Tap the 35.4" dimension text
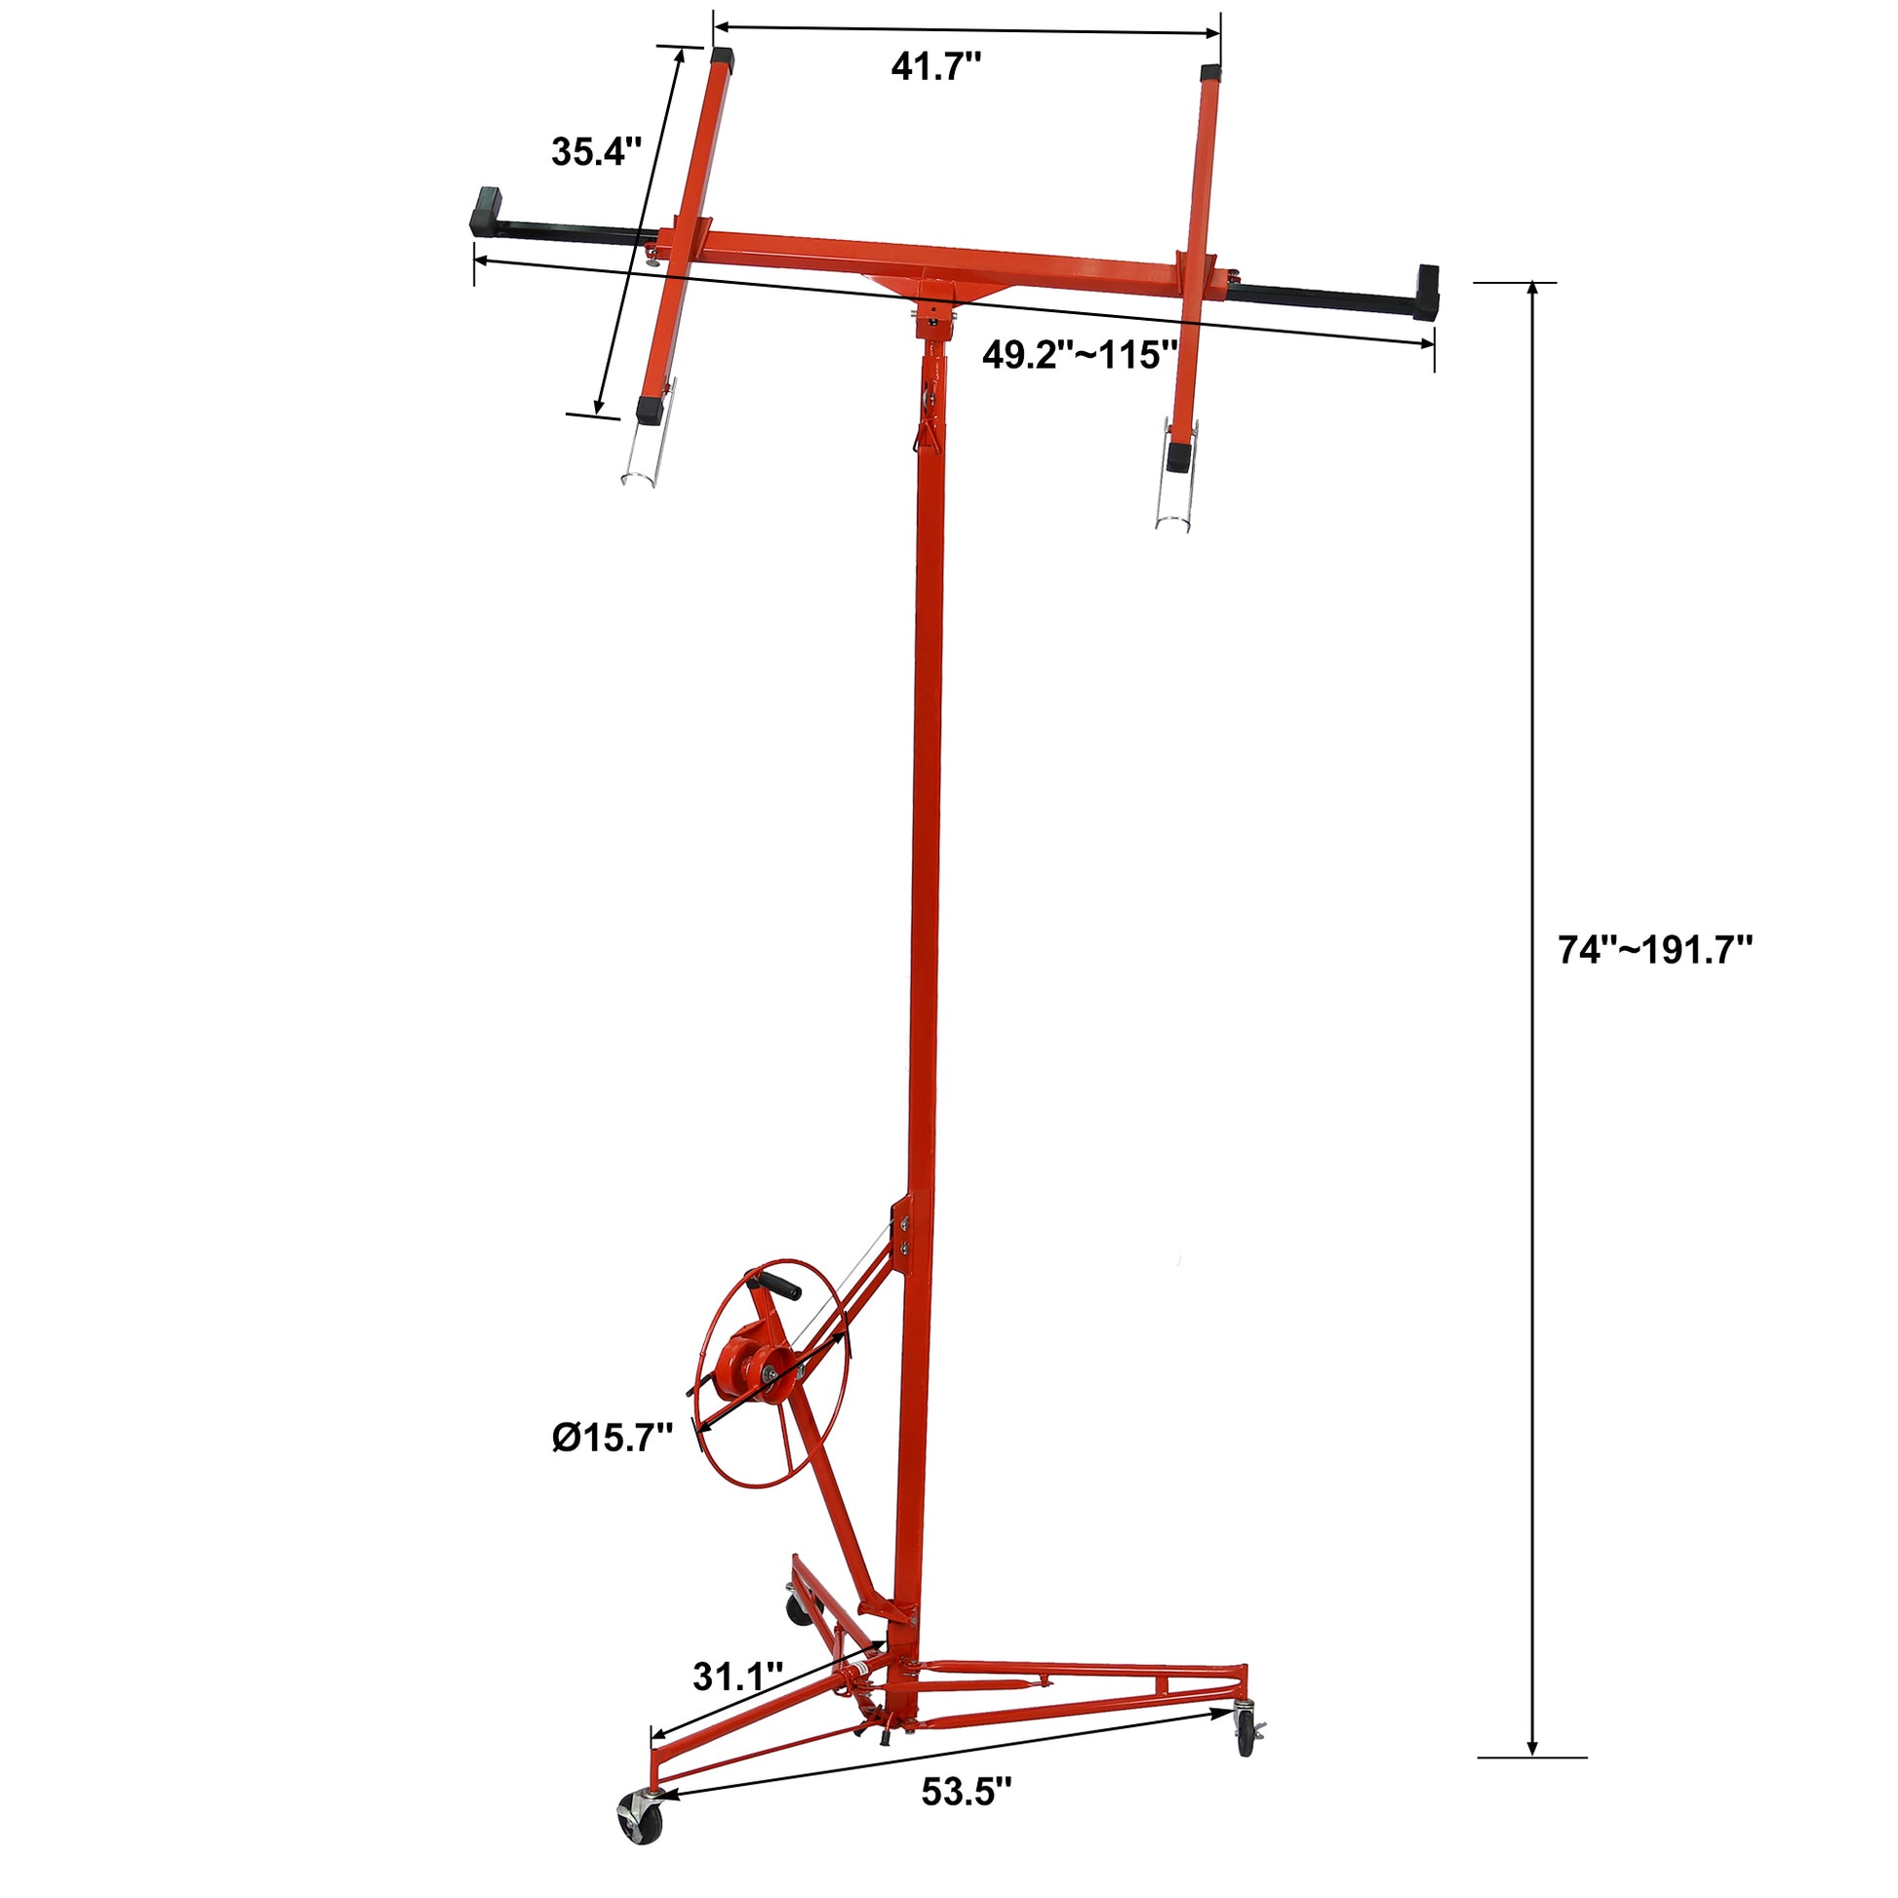[595, 151]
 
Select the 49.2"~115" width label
[1080, 355]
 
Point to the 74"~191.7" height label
[1655, 951]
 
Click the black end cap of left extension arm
[487, 211]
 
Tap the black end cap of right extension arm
[1428, 293]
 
